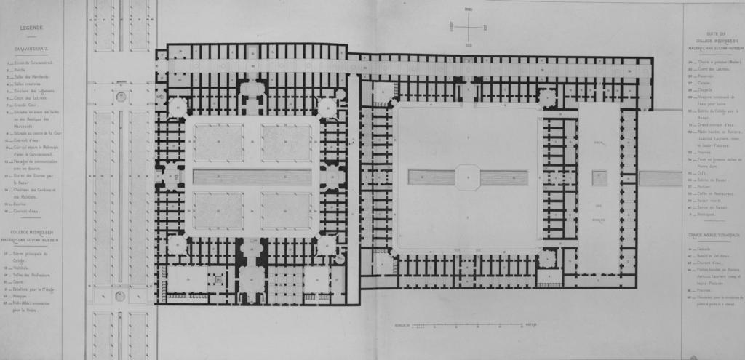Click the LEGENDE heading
pyautogui.click(x=31, y=28)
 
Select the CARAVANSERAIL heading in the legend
pyautogui.click(x=32, y=49)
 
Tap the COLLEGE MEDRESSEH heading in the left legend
pyautogui.click(x=32, y=232)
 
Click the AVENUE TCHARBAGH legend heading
pyautogui.click(x=713, y=236)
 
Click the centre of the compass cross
pyautogui.click(x=469, y=27)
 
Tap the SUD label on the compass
pyautogui.click(x=469, y=45)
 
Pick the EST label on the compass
pyautogui.click(x=485, y=27)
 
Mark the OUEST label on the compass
pyautogui.click(x=453, y=27)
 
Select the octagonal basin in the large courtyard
pyautogui.click(x=468, y=177)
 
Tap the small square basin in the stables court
pyautogui.click(x=599, y=177)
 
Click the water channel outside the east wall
pyautogui.click(x=660, y=178)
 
